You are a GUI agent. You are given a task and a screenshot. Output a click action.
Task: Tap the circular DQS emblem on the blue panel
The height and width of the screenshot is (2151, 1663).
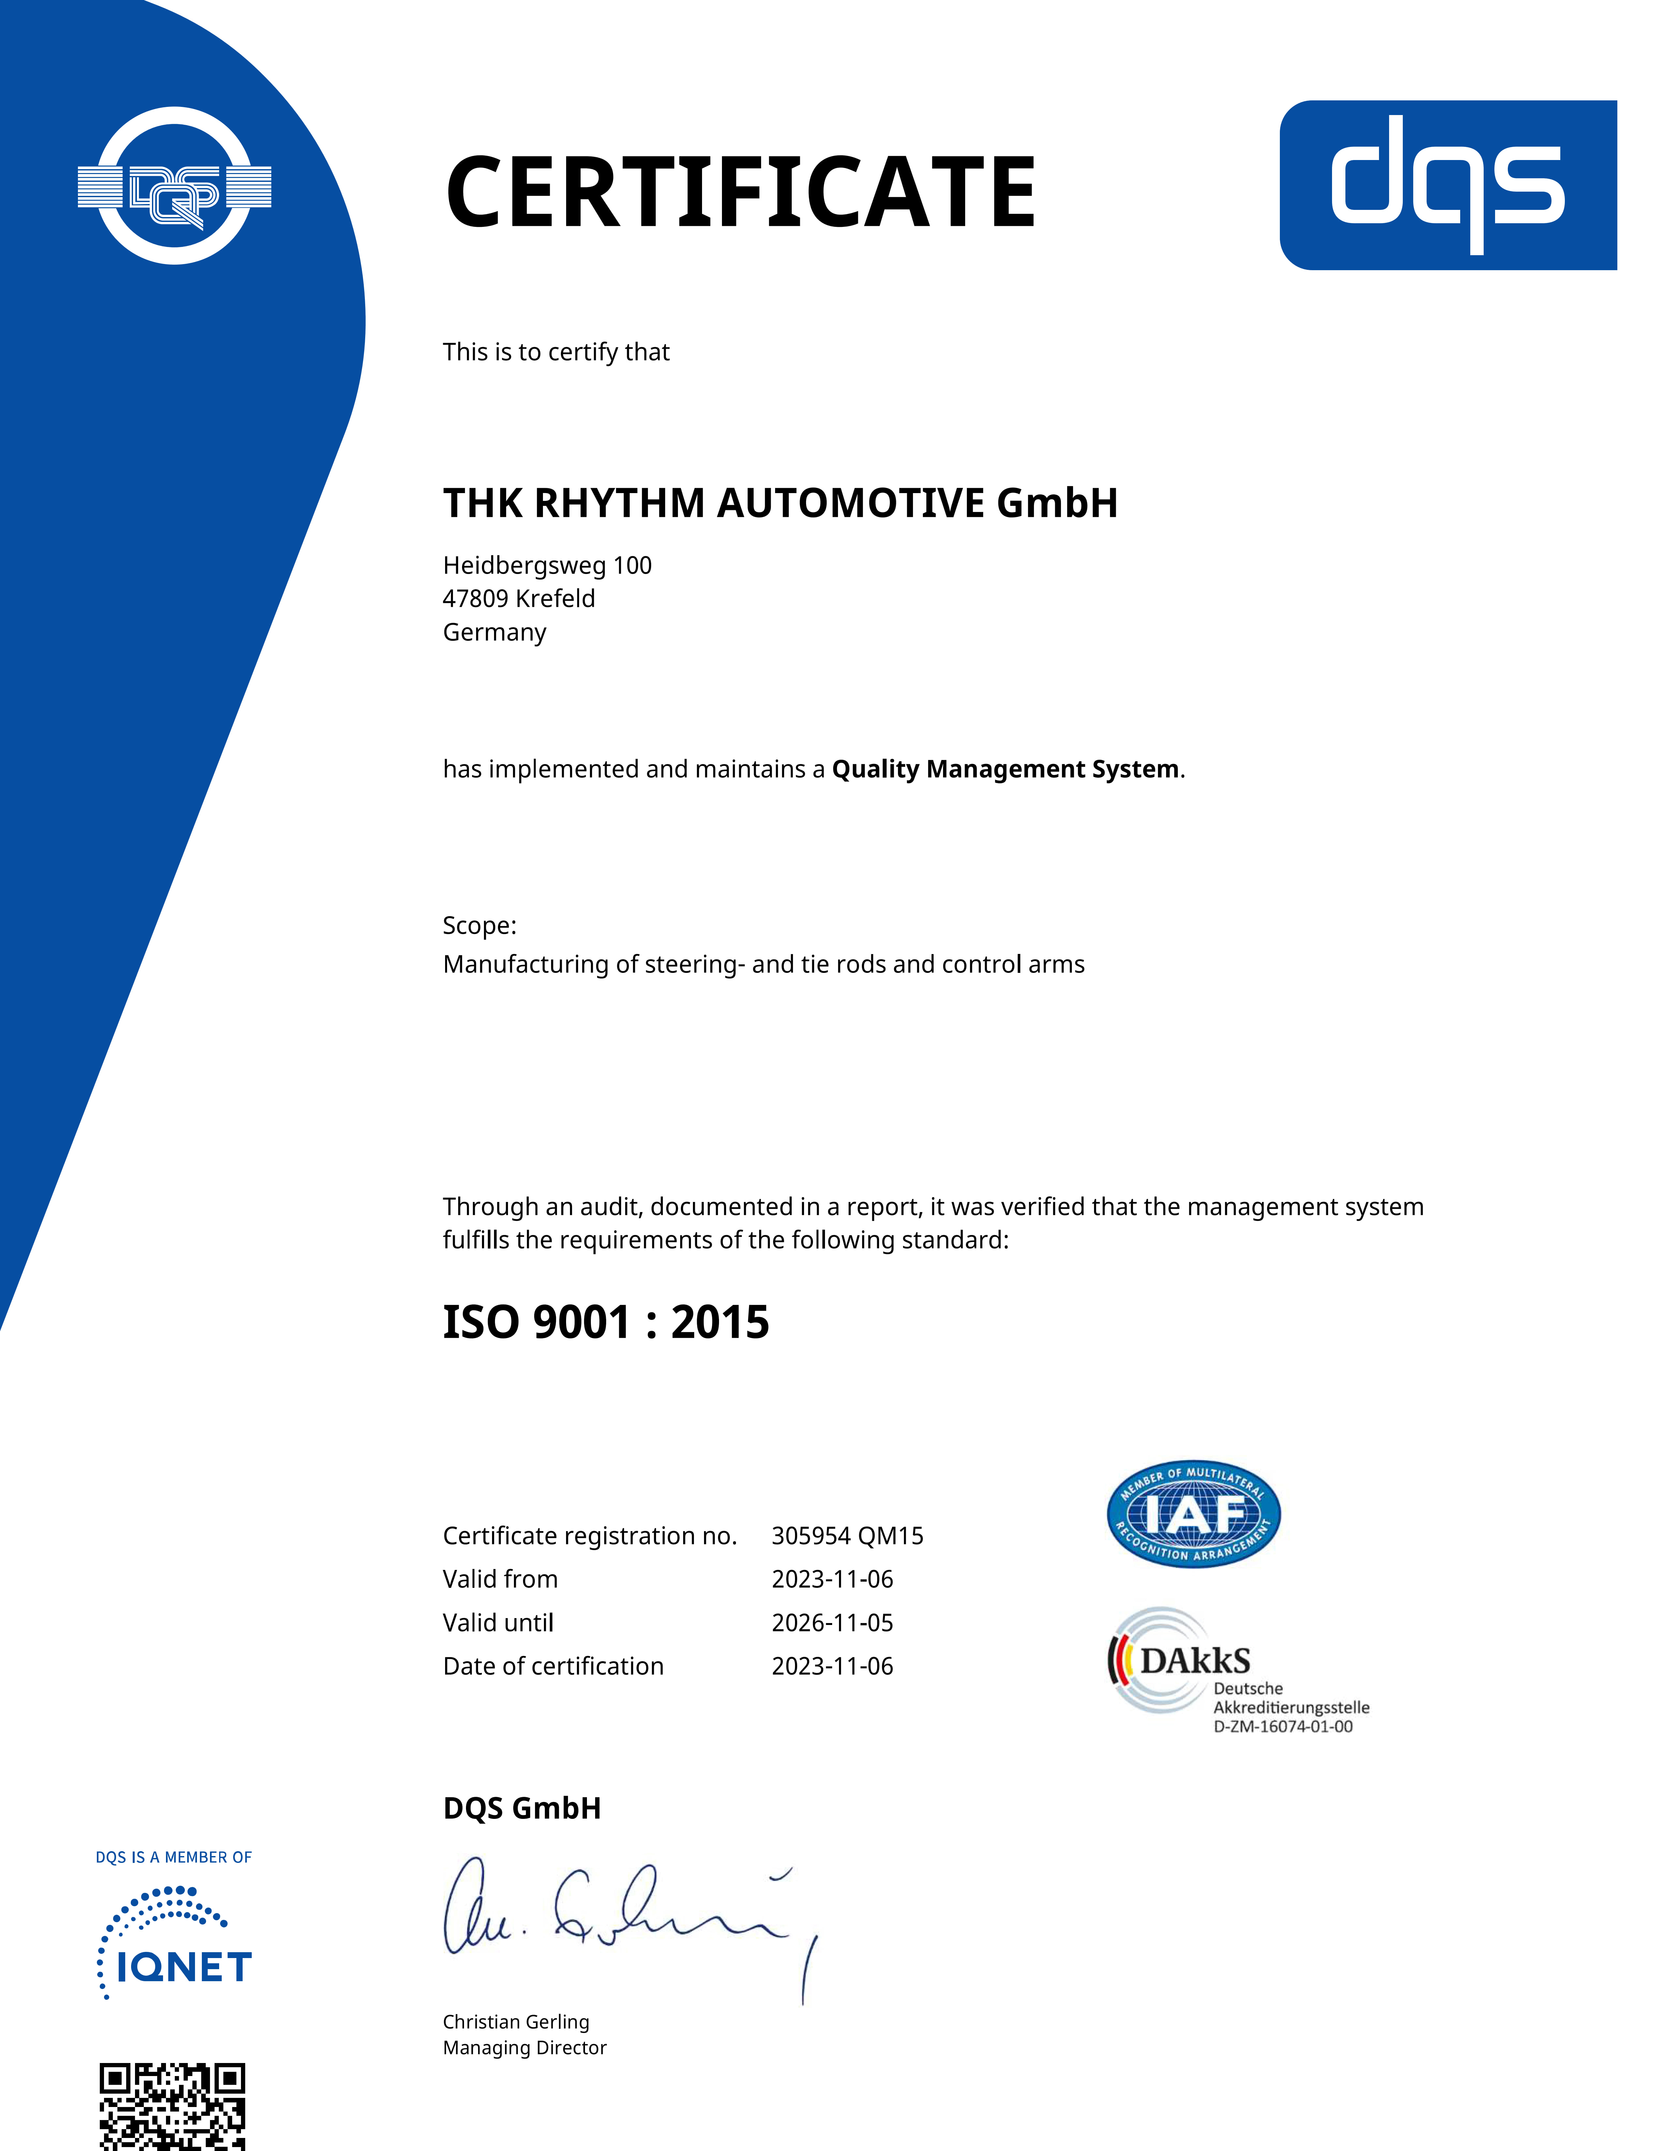174,186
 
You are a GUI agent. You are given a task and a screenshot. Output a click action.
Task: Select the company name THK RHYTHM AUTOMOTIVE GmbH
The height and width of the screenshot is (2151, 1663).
780,503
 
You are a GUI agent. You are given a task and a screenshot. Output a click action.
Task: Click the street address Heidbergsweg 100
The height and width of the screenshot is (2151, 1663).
547,565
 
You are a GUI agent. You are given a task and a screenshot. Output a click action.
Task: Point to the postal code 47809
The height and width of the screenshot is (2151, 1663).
476,599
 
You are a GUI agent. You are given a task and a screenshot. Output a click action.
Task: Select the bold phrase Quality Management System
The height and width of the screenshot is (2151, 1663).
1005,769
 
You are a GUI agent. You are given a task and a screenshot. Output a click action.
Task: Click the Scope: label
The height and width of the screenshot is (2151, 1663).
479,926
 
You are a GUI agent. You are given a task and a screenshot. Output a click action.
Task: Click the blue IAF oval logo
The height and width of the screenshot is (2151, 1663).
1193,1514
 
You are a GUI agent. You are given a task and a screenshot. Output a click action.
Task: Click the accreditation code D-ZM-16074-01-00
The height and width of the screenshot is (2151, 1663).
1283,1727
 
